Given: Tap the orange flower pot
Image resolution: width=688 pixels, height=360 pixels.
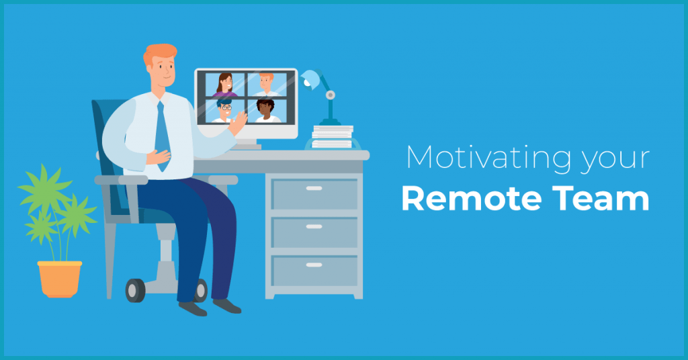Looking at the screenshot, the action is tap(60, 279).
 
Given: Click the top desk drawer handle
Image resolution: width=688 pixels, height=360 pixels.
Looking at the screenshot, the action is tap(314, 188).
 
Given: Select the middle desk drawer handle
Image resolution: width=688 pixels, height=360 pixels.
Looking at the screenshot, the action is tap(314, 227).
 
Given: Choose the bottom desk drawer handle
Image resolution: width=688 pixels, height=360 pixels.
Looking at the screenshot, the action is tap(314, 265).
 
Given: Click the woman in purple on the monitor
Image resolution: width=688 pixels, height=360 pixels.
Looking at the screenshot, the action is tap(224, 85).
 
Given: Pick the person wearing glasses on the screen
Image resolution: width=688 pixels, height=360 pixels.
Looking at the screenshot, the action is tap(224, 111).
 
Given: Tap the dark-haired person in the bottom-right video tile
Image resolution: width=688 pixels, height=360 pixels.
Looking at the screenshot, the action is tap(265, 111).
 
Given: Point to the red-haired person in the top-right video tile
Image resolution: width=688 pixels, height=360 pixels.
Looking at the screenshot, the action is tap(266, 85).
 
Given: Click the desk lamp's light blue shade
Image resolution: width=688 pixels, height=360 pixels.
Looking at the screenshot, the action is tap(310, 80).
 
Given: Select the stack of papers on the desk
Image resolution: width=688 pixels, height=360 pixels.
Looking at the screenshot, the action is tap(333, 137).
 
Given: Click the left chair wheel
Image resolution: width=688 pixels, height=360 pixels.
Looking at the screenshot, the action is tap(135, 290).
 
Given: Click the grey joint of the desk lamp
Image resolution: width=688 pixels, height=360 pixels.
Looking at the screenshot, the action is tap(331, 95).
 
